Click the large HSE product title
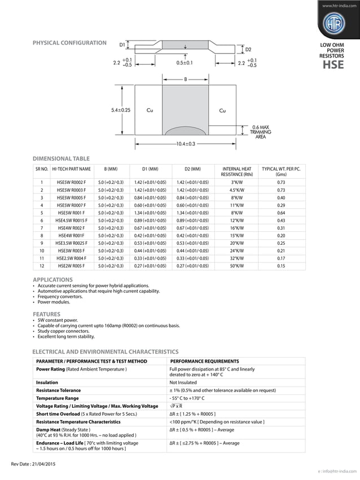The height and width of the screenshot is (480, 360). pos(333,66)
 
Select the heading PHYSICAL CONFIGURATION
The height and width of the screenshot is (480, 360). pos(69,43)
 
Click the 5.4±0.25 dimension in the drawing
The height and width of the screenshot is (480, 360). pos(120,110)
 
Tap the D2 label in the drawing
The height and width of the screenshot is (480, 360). pos(248,50)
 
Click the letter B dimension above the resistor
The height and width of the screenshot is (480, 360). pos(185,80)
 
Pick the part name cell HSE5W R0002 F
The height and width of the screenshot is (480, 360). pos(71,182)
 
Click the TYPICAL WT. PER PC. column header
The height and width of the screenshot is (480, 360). pos(281,171)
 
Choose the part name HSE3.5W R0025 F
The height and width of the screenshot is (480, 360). pos(71,243)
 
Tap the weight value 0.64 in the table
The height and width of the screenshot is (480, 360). pos(281,213)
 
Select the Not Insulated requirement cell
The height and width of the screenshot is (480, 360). pos(186,382)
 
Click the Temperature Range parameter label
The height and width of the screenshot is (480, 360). pos(58,398)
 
